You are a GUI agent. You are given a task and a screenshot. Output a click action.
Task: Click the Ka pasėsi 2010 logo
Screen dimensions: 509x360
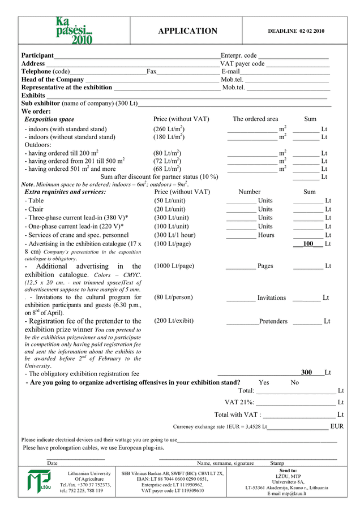pos(74,31)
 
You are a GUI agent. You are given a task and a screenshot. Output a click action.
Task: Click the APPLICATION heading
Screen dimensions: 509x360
pos(187,31)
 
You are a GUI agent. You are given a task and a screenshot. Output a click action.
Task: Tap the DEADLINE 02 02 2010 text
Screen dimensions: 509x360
pos(296,31)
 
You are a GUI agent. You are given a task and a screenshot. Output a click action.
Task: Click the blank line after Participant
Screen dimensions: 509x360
pos(136,57)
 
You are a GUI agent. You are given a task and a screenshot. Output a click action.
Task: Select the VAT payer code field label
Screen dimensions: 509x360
pos(242,64)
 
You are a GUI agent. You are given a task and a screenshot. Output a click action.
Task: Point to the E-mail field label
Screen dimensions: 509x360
pos(230,72)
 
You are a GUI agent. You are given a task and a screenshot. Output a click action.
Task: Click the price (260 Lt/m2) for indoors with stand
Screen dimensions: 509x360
pos(169,129)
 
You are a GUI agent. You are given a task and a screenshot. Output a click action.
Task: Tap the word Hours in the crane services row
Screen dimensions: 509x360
pos(266,235)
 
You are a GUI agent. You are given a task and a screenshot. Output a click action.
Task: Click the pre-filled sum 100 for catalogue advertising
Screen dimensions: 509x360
pos(308,244)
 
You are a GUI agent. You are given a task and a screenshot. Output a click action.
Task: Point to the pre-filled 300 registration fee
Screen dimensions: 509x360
pos(306,373)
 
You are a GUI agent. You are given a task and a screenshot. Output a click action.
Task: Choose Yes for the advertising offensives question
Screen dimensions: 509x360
pos(264,382)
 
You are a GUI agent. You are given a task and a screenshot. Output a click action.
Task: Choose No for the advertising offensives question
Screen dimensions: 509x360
pos(294,382)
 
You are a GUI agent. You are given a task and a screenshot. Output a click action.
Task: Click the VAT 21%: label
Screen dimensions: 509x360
pos(239,402)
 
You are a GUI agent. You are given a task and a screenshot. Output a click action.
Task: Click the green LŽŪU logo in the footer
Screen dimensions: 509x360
pos(38,481)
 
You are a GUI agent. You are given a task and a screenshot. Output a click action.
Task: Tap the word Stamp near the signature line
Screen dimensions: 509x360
pos(277,463)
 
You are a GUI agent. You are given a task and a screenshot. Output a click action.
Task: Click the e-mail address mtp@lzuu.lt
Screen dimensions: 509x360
pos(287,494)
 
